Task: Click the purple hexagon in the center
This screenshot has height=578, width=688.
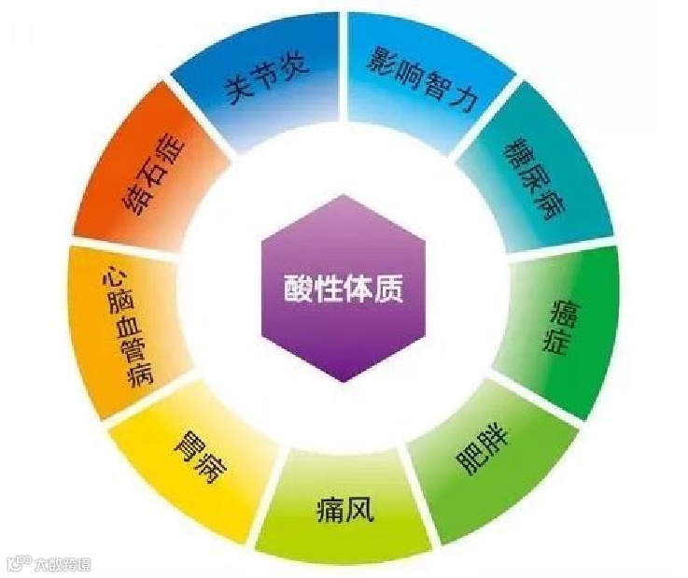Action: click(x=343, y=290)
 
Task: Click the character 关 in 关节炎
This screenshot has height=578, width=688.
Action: click(x=234, y=97)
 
